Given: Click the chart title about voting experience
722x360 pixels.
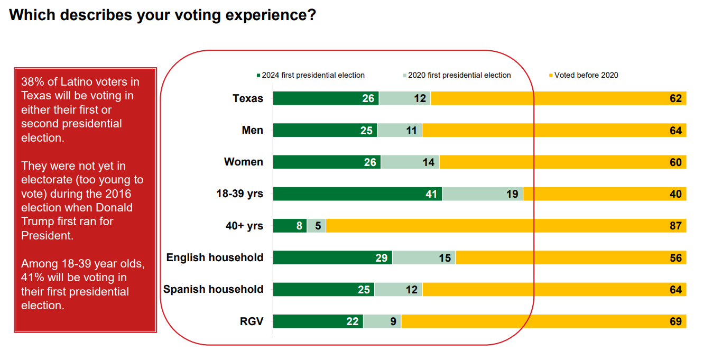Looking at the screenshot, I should [162, 15].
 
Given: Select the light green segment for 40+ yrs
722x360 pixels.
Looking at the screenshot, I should [317, 226].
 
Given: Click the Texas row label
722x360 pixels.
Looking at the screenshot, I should [248, 98].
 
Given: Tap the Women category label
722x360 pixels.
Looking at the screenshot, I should [243, 162].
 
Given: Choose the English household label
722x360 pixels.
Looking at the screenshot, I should [215, 257].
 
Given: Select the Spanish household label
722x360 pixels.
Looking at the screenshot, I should [213, 289].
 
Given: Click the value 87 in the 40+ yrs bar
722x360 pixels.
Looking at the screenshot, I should [675, 226].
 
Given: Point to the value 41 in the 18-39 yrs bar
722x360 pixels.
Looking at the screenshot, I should [432, 194].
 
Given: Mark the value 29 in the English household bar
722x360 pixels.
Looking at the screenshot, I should [382, 258].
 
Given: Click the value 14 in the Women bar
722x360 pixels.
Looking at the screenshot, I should [429, 162].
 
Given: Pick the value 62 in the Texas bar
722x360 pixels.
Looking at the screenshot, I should [675, 98].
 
